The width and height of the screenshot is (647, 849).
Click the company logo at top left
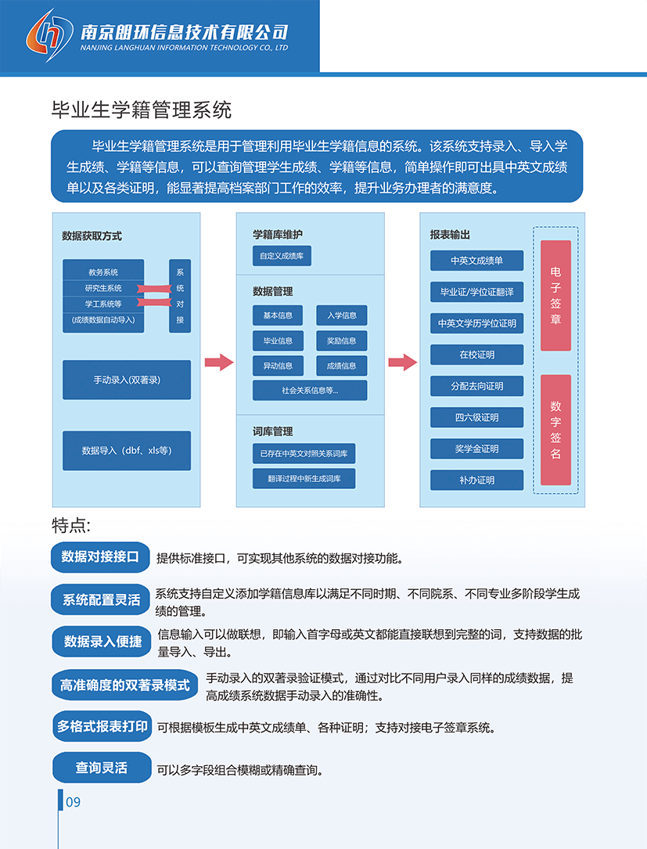[x=49, y=34]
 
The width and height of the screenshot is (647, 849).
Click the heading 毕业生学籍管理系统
[x=141, y=110]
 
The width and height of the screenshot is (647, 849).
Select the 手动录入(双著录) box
[x=127, y=380]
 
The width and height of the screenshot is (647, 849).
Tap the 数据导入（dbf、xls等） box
[x=127, y=451]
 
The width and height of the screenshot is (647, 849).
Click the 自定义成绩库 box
[x=282, y=256]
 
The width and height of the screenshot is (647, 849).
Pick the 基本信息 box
[x=278, y=315]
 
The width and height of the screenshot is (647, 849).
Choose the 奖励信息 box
[x=342, y=340]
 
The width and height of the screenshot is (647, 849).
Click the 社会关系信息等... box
[x=310, y=390]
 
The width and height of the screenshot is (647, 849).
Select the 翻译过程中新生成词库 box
[x=304, y=478]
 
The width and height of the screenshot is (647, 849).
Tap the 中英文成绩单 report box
[x=476, y=261]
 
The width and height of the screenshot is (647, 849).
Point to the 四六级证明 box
[x=476, y=417]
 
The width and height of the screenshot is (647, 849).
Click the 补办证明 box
[x=476, y=480]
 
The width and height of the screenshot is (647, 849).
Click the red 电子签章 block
[x=555, y=295]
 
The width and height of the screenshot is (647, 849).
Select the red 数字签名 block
[x=555, y=430]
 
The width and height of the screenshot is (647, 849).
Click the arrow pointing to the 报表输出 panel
[x=402, y=362]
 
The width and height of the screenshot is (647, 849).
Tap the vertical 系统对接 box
[x=180, y=296]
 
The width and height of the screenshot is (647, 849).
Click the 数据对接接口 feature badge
[x=100, y=556]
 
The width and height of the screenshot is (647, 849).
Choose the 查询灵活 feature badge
[x=102, y=768]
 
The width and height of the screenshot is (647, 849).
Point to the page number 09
[x=73, y=802]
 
